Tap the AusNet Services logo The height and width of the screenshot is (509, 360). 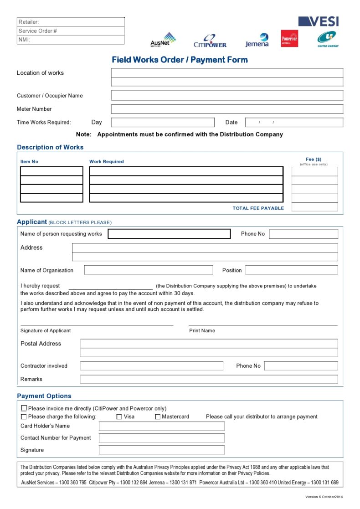click(163, 40)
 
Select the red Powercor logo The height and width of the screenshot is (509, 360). click(289, 39)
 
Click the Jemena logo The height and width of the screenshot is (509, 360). click(257, 40)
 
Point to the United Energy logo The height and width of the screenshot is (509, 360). click(328, 39)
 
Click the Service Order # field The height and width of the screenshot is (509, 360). click(71, 31)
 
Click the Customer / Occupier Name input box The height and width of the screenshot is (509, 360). click(227, 96)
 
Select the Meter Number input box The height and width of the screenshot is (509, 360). click(227, 109)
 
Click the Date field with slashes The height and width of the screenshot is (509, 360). click(294, 122)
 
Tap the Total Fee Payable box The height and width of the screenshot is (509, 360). click(314, 207)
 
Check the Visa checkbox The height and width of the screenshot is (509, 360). click(119, 416)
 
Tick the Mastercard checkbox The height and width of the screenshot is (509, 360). click(158, 416)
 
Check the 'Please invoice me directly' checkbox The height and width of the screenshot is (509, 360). click(24, 408)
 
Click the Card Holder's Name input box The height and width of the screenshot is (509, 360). click(161, 426)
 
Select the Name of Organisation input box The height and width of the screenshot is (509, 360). click(148, 270)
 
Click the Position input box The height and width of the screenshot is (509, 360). click(292, 270)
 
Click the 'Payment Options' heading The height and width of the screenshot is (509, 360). click(44, 396)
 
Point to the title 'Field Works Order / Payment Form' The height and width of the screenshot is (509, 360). click(180, 60)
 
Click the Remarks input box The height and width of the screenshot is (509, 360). click(209, 379)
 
